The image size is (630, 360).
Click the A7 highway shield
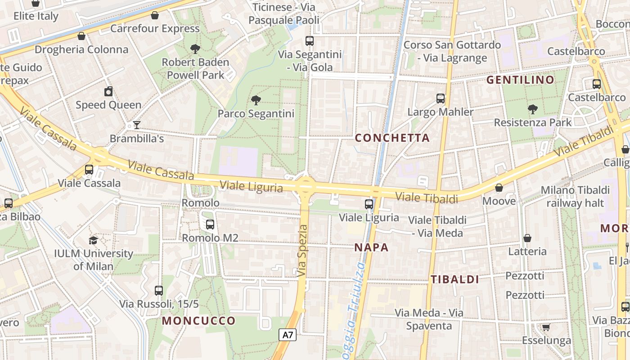tap(288, 335)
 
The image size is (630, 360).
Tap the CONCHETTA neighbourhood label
tap(392, 138)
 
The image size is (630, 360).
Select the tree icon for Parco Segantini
tap(256, 100)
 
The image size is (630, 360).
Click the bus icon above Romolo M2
tap(210, 225)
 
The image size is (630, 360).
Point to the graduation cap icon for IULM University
tap(93, 240)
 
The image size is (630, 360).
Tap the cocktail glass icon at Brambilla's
tap(137, 125)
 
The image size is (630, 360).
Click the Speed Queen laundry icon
tap(108, 92)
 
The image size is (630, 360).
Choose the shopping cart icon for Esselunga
tap(546, 327)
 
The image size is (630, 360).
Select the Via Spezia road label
tap(303, 251)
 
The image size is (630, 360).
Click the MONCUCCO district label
tap(199, 321)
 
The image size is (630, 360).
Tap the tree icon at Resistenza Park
tap(533, 109)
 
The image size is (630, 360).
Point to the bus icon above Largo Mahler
tap(441, 99)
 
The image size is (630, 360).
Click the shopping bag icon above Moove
tap(499, 188)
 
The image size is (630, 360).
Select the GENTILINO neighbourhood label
tap(520, 80)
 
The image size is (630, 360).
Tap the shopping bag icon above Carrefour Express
tap(155, 15)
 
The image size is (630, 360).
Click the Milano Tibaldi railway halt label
tap(575, 197)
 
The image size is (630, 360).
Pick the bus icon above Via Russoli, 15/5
tap(158, 291)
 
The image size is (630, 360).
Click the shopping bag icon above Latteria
tap(527, 238)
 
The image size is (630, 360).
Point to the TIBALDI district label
tap(455, 279)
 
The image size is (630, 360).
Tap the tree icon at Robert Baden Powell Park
tap(195, 49)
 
